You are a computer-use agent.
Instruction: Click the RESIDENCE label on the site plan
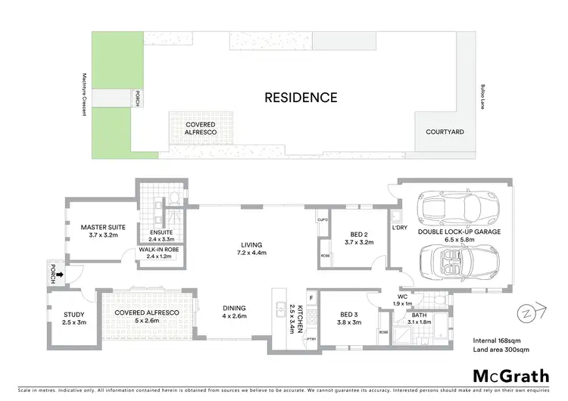tap(301, 98)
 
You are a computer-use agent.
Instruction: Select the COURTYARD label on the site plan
tap(445, 132)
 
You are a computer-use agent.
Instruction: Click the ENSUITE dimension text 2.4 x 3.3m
tap(161, 239)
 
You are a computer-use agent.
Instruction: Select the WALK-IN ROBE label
tap(158, 249)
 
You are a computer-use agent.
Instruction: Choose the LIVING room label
tap(251, 244)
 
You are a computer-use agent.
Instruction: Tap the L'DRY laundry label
tap(401, 227)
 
